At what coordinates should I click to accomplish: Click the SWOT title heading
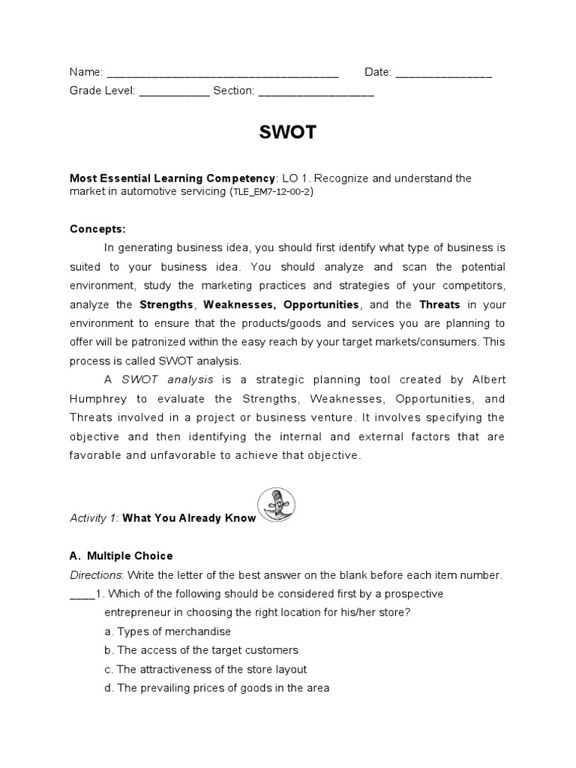click(288, 133)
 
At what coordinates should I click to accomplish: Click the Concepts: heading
click(98, 229)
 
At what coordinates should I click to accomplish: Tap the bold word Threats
click(440, 304)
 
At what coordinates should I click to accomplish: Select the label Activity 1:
click(94, 517)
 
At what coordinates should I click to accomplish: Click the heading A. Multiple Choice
click(121, 556)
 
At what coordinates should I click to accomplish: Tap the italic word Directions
click(95, 575)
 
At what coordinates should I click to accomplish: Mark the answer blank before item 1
click(80, 595)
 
